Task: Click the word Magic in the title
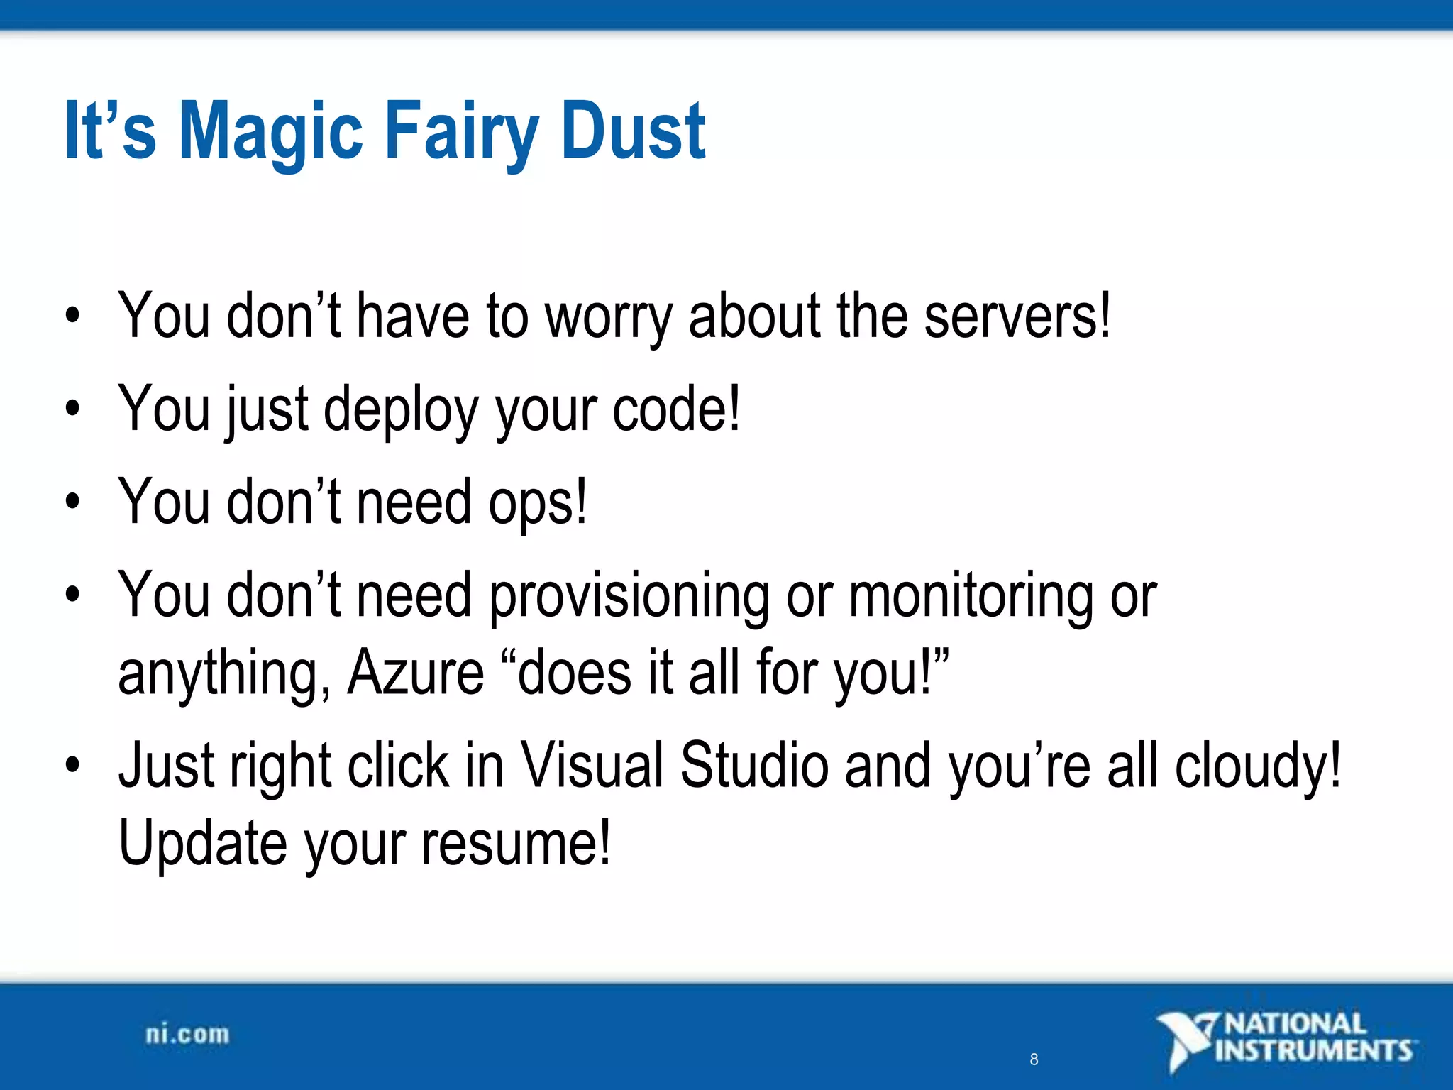(x=271, y=131)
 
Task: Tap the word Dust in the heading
(x=633, y=131)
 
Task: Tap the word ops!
(x=538, y=502)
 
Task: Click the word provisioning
(x=629, y=596)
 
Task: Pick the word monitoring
(x=971, y=596)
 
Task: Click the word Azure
(x=415, y=673)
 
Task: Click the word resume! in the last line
(x=516, y=844)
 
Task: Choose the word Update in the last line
(x=202, y=844)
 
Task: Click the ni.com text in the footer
(x=187, y=1034)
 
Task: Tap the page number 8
(x=1034, y=1059)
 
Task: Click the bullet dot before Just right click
(x=72, y=766)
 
